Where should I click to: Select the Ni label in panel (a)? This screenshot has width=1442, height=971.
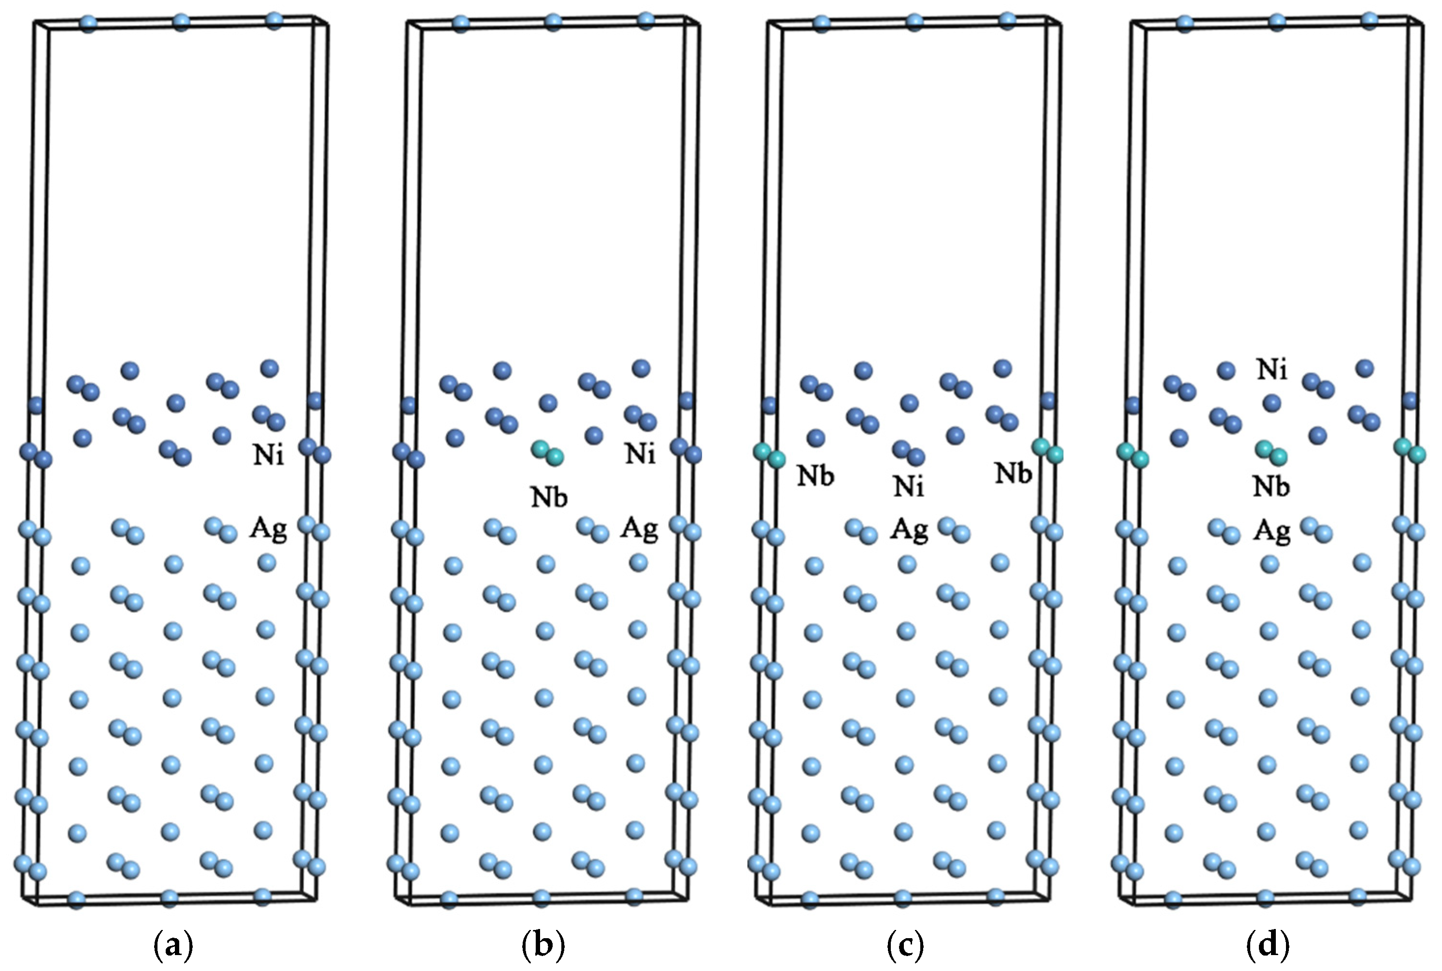pos(268,456)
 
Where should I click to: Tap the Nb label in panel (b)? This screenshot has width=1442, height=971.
pos(549,497)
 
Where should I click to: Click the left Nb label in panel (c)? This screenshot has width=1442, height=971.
pos(815,476)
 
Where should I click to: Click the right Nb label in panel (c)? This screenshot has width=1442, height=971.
pos(1014,474)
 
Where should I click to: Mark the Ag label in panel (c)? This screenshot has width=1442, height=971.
pos(909,530)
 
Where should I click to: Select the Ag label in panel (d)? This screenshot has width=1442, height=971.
pos(1271,531)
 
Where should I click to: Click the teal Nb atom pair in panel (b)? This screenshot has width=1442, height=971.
pos(547,453)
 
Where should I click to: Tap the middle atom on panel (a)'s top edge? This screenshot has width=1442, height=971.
pos(181,23)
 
